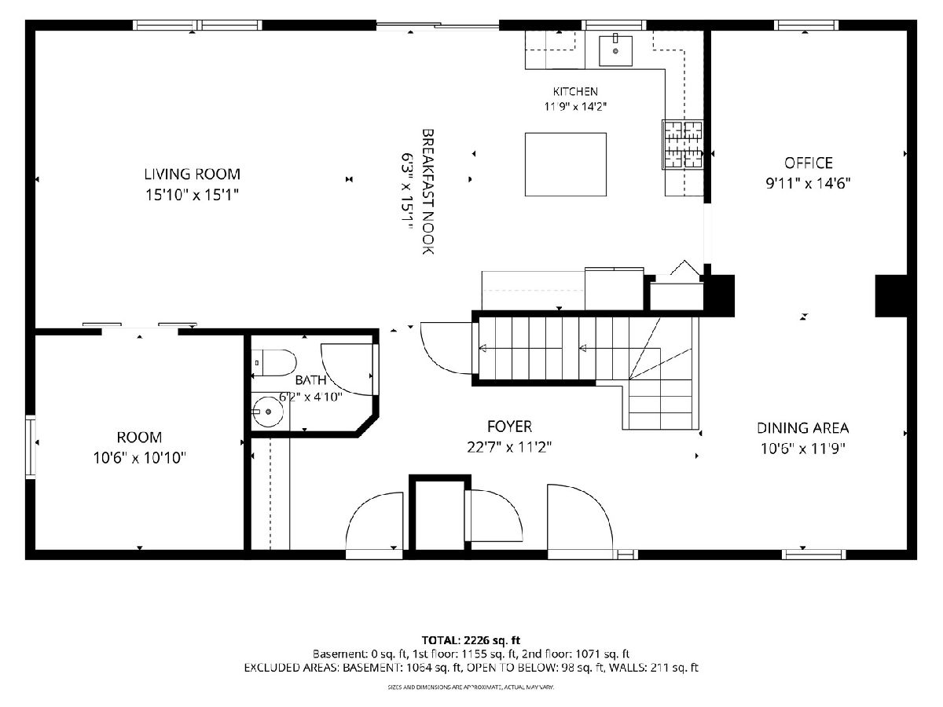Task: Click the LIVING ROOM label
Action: tap(192, 174)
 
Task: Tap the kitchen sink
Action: tap(615, 50)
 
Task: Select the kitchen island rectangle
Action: tap(565, 164)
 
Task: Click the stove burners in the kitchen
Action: tap(682, 145)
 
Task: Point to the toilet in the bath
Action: tap(273, 363)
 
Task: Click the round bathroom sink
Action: tap(267, 412)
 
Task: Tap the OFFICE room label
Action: tap(808, 163)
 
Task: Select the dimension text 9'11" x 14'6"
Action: tap(808, 184)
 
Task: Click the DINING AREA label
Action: tap(802, 428)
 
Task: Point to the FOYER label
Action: tap(509, 427)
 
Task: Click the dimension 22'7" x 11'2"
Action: tap(509, 447)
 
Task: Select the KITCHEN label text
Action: tap(575, 91)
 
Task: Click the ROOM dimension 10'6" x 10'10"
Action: tap(140, 458)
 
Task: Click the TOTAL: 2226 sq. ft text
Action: tap(471, 640)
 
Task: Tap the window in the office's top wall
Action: tap(806, 25)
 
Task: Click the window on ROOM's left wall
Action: tap(31, 447)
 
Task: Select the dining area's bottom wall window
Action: tap(813, 554)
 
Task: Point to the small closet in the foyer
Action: tap(439, 516)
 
